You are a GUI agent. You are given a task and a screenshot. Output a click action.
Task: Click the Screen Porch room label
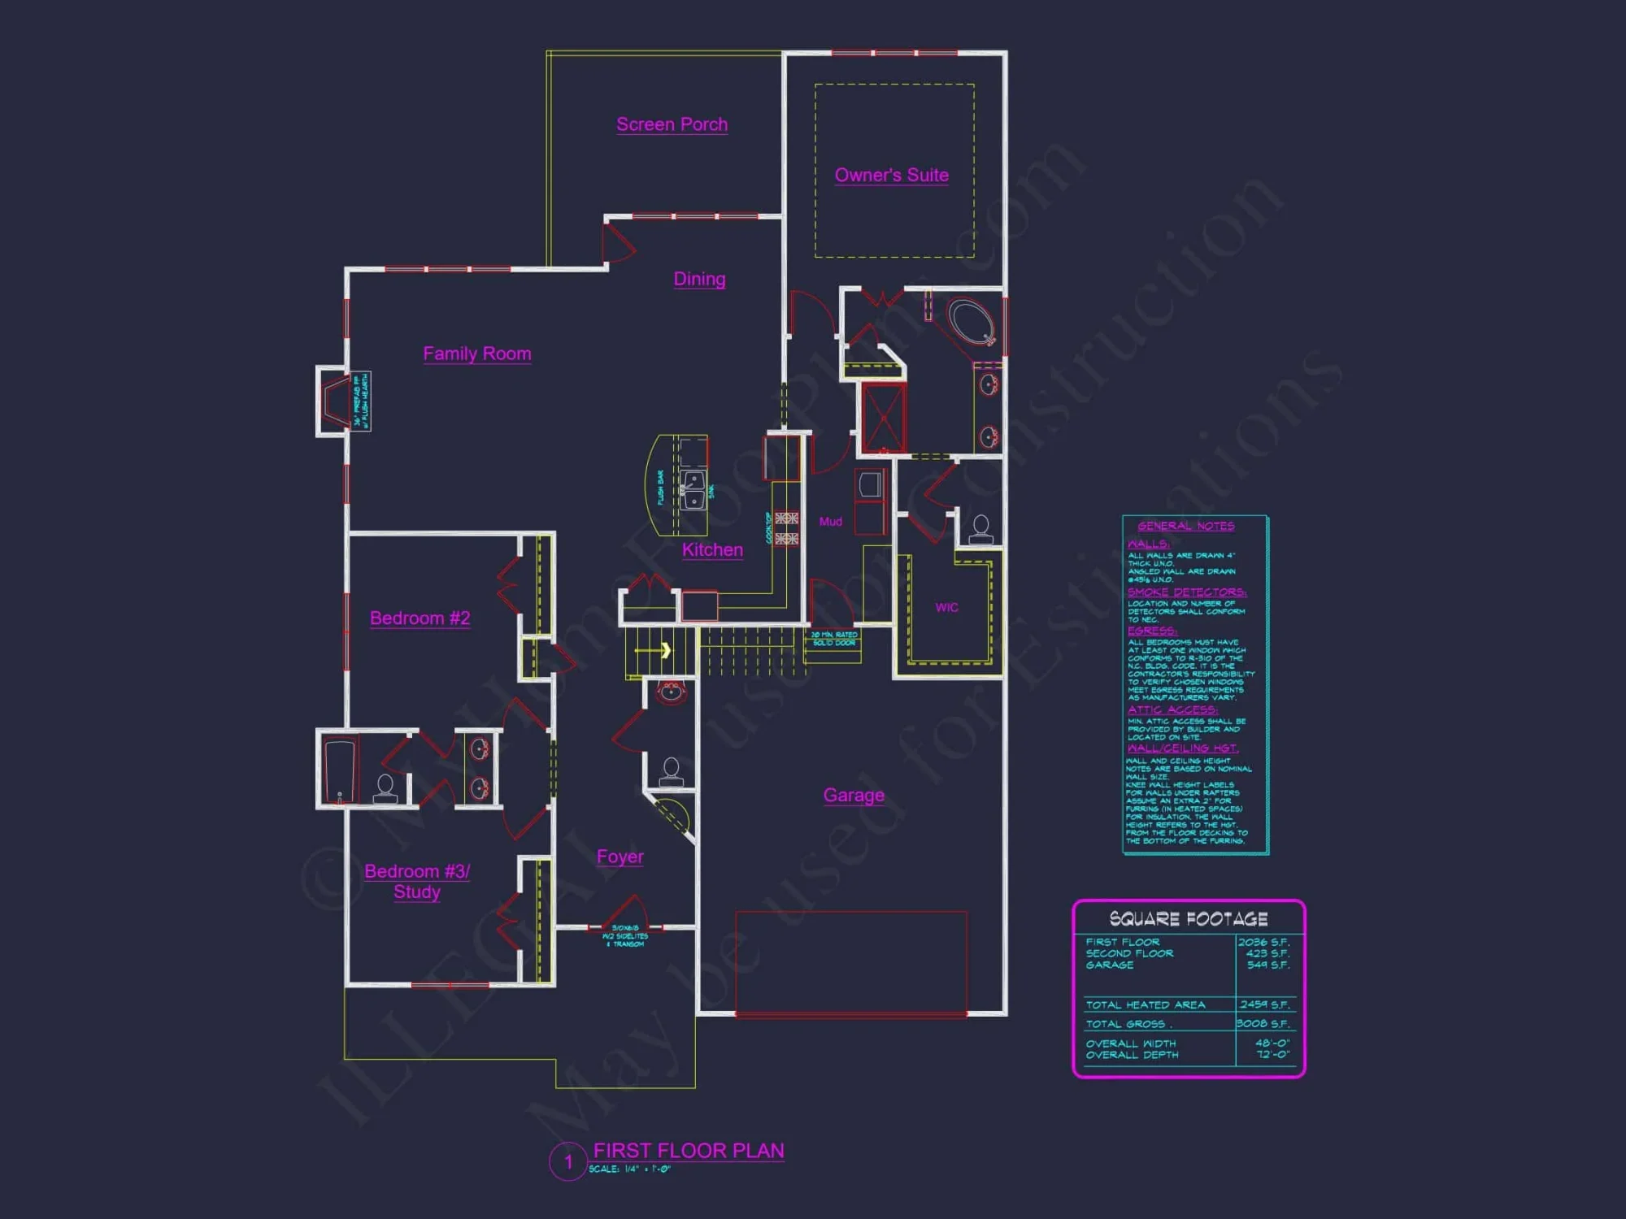672,124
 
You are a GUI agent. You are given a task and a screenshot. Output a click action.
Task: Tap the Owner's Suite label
891,175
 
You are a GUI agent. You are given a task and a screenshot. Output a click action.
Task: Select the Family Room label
477,354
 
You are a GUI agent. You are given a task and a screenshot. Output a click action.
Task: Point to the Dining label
699,279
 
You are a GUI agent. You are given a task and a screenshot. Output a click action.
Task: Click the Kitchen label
712,550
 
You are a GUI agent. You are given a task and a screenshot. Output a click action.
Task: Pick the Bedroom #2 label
420,618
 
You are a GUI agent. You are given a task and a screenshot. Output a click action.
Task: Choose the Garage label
854,796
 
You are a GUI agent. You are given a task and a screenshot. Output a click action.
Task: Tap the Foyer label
620,857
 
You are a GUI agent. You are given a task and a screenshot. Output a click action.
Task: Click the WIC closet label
946,607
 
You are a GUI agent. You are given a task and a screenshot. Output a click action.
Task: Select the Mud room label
830,522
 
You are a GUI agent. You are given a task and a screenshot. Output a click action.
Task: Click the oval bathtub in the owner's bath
972,323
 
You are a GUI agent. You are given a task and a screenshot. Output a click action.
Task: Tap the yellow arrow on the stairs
664,650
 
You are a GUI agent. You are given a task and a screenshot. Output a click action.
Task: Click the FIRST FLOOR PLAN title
689,1151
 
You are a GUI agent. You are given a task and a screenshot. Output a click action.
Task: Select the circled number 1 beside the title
568,1162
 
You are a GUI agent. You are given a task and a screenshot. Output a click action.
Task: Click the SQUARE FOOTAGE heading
1189,919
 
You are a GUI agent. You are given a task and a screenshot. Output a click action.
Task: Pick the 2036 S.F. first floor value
1263,943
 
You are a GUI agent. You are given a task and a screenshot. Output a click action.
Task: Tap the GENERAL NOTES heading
1185,526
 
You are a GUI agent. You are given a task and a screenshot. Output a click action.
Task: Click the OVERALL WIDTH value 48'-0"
1272,1043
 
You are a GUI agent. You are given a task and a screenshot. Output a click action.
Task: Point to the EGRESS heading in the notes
1151,631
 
